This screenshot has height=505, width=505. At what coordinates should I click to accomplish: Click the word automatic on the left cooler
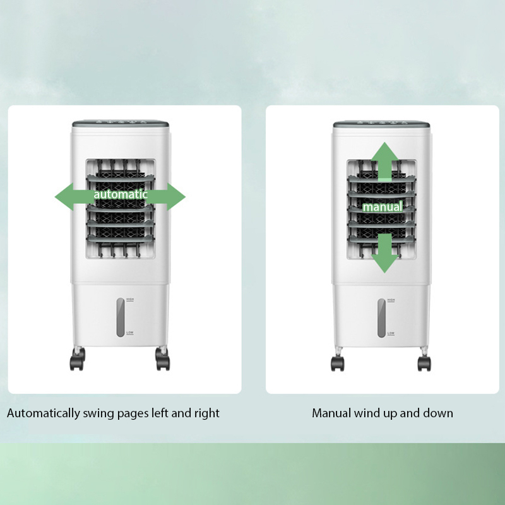120,194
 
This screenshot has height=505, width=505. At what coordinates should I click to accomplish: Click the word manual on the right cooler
382,206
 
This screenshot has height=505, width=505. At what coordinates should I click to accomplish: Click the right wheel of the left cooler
163,362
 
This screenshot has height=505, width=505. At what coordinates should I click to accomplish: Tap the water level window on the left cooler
120,316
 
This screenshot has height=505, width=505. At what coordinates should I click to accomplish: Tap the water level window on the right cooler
382,317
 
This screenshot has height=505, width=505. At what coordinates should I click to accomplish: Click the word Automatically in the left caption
44,413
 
